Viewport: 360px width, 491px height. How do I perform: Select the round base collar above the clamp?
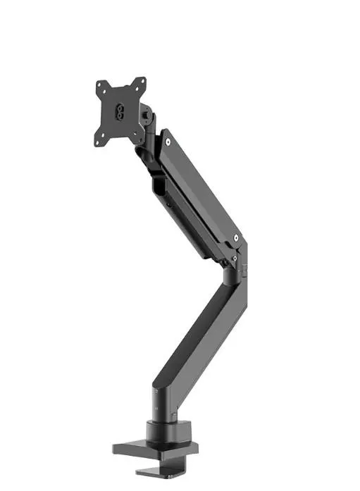(163, 430)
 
